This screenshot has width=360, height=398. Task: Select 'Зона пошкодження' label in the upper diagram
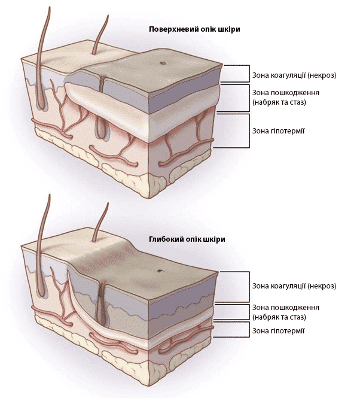click(x=285, y=93)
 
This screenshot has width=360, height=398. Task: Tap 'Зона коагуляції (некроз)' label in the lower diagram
click(x=294, y=286)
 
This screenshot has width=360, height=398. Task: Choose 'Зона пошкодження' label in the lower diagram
click(x=285, y=308)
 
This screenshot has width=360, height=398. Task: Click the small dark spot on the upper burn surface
click(x=162, y=63)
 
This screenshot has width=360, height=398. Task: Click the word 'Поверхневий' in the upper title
click(x=171, y=29)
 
